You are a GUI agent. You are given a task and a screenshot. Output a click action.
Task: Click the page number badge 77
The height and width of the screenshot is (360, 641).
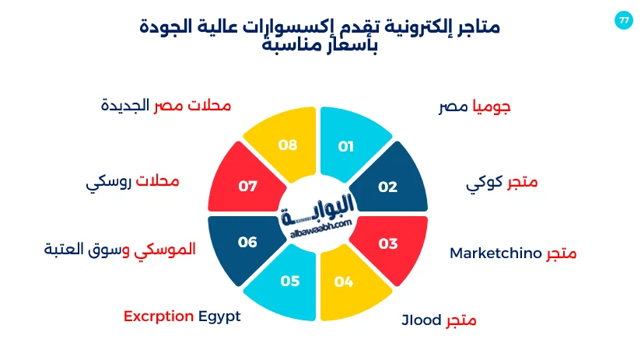click(x=623, y=20)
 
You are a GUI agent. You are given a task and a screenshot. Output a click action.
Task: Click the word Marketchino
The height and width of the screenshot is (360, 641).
click(x=495, y=253)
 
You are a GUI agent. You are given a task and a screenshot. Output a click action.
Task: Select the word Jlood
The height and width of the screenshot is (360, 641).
click(x=421, y=320)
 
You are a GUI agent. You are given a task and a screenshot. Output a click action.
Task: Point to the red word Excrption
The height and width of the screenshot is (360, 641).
click(x=158, y=316)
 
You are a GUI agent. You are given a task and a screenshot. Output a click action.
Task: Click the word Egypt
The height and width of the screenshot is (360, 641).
click(x=219, y=316)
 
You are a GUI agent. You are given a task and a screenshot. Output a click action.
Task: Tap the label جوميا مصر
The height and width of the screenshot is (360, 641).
click(x=475, y=107)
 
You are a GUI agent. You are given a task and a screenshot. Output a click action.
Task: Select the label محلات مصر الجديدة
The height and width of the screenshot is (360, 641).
click(x=166, y=106)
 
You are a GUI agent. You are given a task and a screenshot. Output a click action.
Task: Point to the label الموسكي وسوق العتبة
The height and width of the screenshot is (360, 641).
click(x=120, y=250)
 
